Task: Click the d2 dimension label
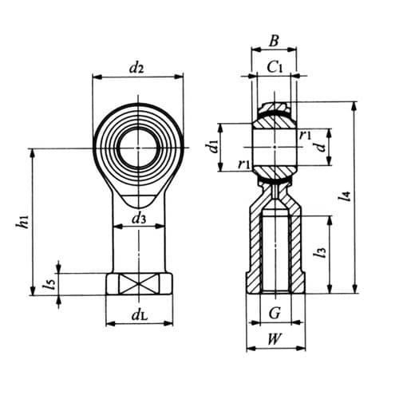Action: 136,69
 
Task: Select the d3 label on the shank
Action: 138,217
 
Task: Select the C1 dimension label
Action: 275,67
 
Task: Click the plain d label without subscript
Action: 319,146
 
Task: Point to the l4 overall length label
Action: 346,194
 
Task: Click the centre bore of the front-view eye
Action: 138,148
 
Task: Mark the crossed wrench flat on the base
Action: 138,283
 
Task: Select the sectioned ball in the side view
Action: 275,146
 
